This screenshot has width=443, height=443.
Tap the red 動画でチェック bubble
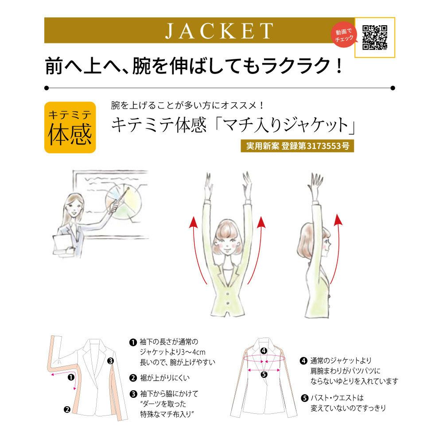(x=344, y=35)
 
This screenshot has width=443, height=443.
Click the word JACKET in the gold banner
(x=219, y=31)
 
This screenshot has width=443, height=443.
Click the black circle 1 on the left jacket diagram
(x=70, y=378)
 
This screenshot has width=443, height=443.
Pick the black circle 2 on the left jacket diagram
(x=66, y=410)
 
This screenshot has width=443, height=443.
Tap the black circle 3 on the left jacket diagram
(x=110, y=361)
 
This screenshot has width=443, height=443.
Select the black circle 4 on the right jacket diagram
(x=264, y=351)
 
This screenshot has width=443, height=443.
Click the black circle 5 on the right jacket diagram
(x=264, y=374)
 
